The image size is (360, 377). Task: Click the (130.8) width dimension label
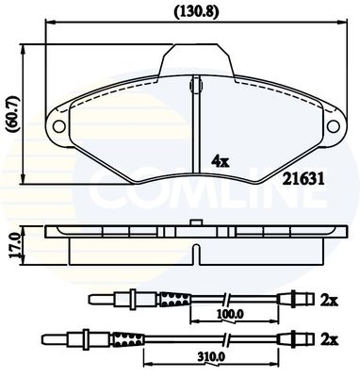(196, 12)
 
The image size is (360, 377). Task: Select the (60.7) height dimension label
(13, 115)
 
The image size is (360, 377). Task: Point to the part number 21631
(303, 180)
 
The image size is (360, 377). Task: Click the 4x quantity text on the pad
(221, 161)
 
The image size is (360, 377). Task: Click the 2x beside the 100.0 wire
(329, 301)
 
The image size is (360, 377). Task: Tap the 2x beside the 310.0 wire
(329, 339)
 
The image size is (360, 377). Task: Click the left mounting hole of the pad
(58, 126)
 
